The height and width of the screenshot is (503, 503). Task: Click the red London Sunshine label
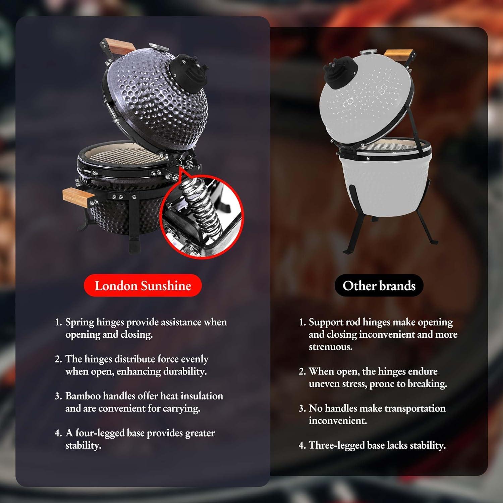point(143,286)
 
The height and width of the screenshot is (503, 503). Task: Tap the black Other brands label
point(379,286)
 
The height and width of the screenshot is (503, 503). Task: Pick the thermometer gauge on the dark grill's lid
point(155,45)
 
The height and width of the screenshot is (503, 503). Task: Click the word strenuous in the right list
point(331,347)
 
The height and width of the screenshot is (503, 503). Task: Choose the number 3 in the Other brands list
point(302,408)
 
